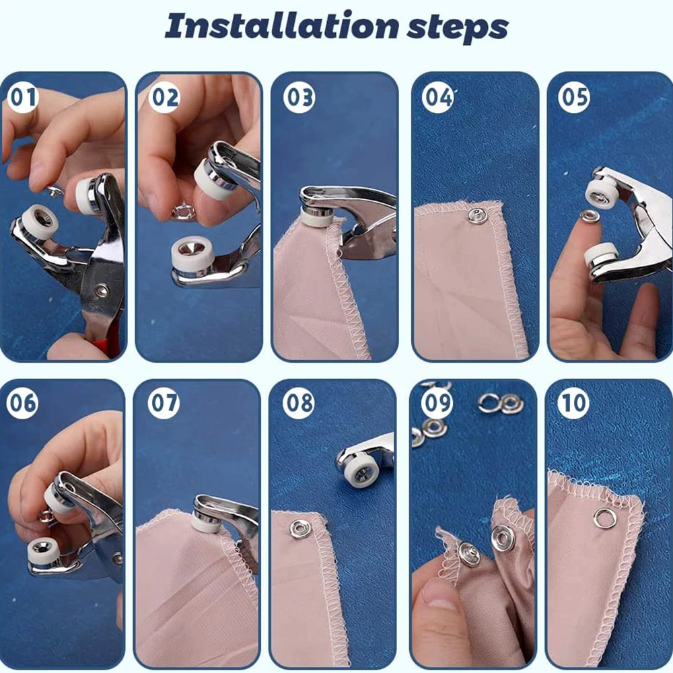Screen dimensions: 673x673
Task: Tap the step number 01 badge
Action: tap(24, 98)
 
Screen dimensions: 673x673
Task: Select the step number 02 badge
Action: tap(165, 98)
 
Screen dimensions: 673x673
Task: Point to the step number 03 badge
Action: tap(299, 98)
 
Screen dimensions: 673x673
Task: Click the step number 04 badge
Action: tap(438, 98)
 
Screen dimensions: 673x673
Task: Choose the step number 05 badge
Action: tap(573, 98)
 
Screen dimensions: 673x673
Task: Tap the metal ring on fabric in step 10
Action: tap(604, 518)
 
